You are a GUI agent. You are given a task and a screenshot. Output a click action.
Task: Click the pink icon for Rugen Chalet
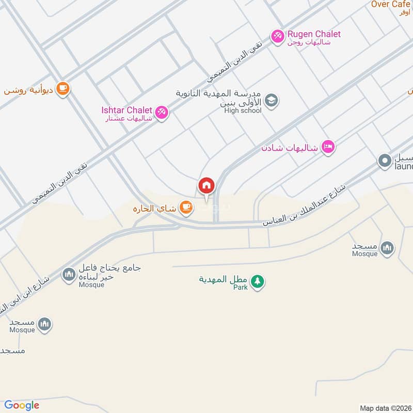[x=277, y=36]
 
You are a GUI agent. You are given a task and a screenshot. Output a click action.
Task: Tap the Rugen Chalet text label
[x=314, y=34]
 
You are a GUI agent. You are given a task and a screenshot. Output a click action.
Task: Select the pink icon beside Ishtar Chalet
[x=162, y=112]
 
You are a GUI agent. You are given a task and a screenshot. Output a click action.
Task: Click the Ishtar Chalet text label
[x=126, y=110]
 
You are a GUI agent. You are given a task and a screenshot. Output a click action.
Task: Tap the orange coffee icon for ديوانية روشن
[x=63, y=89]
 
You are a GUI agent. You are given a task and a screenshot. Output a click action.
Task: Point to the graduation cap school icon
[x=272, y=101]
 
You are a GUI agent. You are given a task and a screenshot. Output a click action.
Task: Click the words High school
[x=243, y=110]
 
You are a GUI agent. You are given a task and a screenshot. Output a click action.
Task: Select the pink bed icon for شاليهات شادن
[x=328, y=147]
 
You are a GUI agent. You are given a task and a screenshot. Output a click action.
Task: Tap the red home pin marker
[x=206, y=185]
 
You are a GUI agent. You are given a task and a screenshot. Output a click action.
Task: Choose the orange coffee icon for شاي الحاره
[x=186, y=208]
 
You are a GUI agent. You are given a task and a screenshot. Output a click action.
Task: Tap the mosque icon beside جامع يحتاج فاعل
[x=69, y=275]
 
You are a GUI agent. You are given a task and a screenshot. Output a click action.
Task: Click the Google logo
[x=22, y=405]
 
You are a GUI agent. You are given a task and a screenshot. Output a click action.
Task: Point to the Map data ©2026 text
[x=385, y=408]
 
